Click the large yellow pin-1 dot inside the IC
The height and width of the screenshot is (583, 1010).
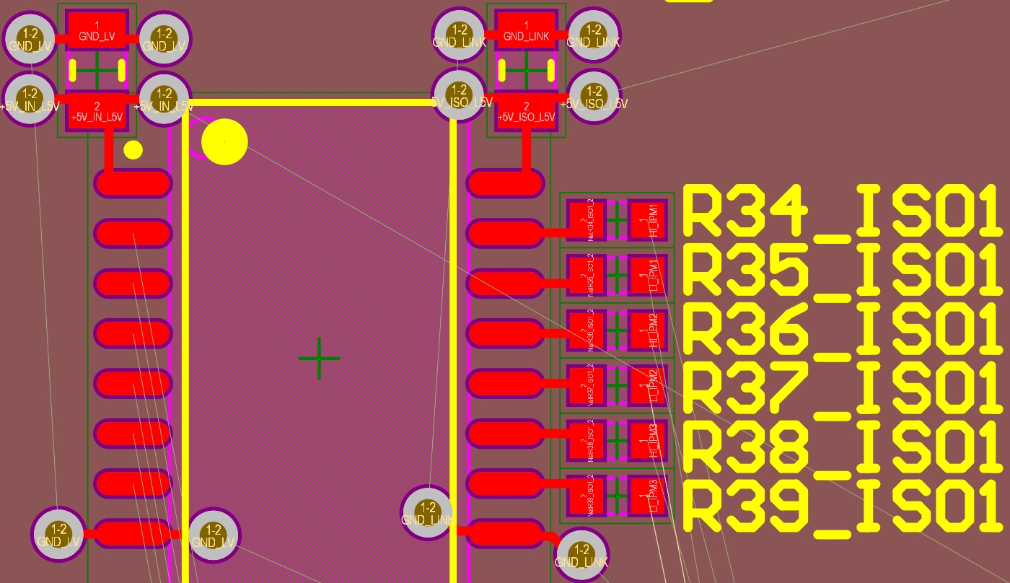coord(224,141)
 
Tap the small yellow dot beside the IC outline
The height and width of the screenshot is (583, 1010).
coord(133,149)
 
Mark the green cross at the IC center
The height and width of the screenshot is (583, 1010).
coord(319,358)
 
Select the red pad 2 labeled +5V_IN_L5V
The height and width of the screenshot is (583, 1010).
coord(97,111)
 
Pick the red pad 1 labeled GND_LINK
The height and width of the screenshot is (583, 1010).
coord(526,30)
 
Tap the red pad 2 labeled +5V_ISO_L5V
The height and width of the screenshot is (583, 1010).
coord(526,111)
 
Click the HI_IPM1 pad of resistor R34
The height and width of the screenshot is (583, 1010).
coord(647,220)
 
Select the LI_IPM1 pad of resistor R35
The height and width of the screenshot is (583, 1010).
coord(647,275)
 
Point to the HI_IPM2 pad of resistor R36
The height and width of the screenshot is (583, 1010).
coord(647,330)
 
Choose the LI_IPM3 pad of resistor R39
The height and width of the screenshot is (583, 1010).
coord(647,496)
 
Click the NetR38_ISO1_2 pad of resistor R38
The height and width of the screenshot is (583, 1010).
coord(586,440)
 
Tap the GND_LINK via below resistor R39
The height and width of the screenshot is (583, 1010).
coord(581,555)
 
